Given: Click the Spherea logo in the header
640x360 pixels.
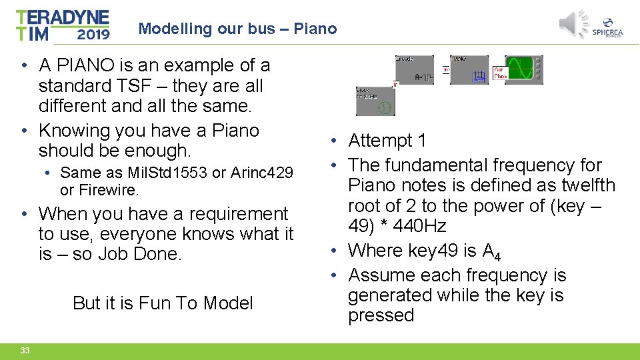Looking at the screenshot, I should tap(607, 27).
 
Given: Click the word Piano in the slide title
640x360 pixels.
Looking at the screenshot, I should tap(315, 29).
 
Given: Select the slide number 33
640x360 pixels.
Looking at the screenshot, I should tap(25, 351).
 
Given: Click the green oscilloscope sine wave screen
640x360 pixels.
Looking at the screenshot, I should tap(519, 69).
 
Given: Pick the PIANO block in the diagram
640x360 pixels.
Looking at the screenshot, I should tap(469, 70).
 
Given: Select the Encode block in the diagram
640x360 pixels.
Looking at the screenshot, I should tap(414, 69).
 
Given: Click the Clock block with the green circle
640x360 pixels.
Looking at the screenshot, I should tap(375, 101).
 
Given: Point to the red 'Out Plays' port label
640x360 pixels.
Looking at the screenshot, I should tap(500, 72).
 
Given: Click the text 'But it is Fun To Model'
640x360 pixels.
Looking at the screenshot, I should tap(163, 303).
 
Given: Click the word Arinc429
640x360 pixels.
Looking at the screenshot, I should tap(261, 173).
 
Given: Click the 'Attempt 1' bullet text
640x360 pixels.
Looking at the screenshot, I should tap(387, 141).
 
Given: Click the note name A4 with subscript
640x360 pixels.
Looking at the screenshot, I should tap(491, 251).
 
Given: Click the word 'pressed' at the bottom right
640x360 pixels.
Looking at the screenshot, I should tap(381, 315).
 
